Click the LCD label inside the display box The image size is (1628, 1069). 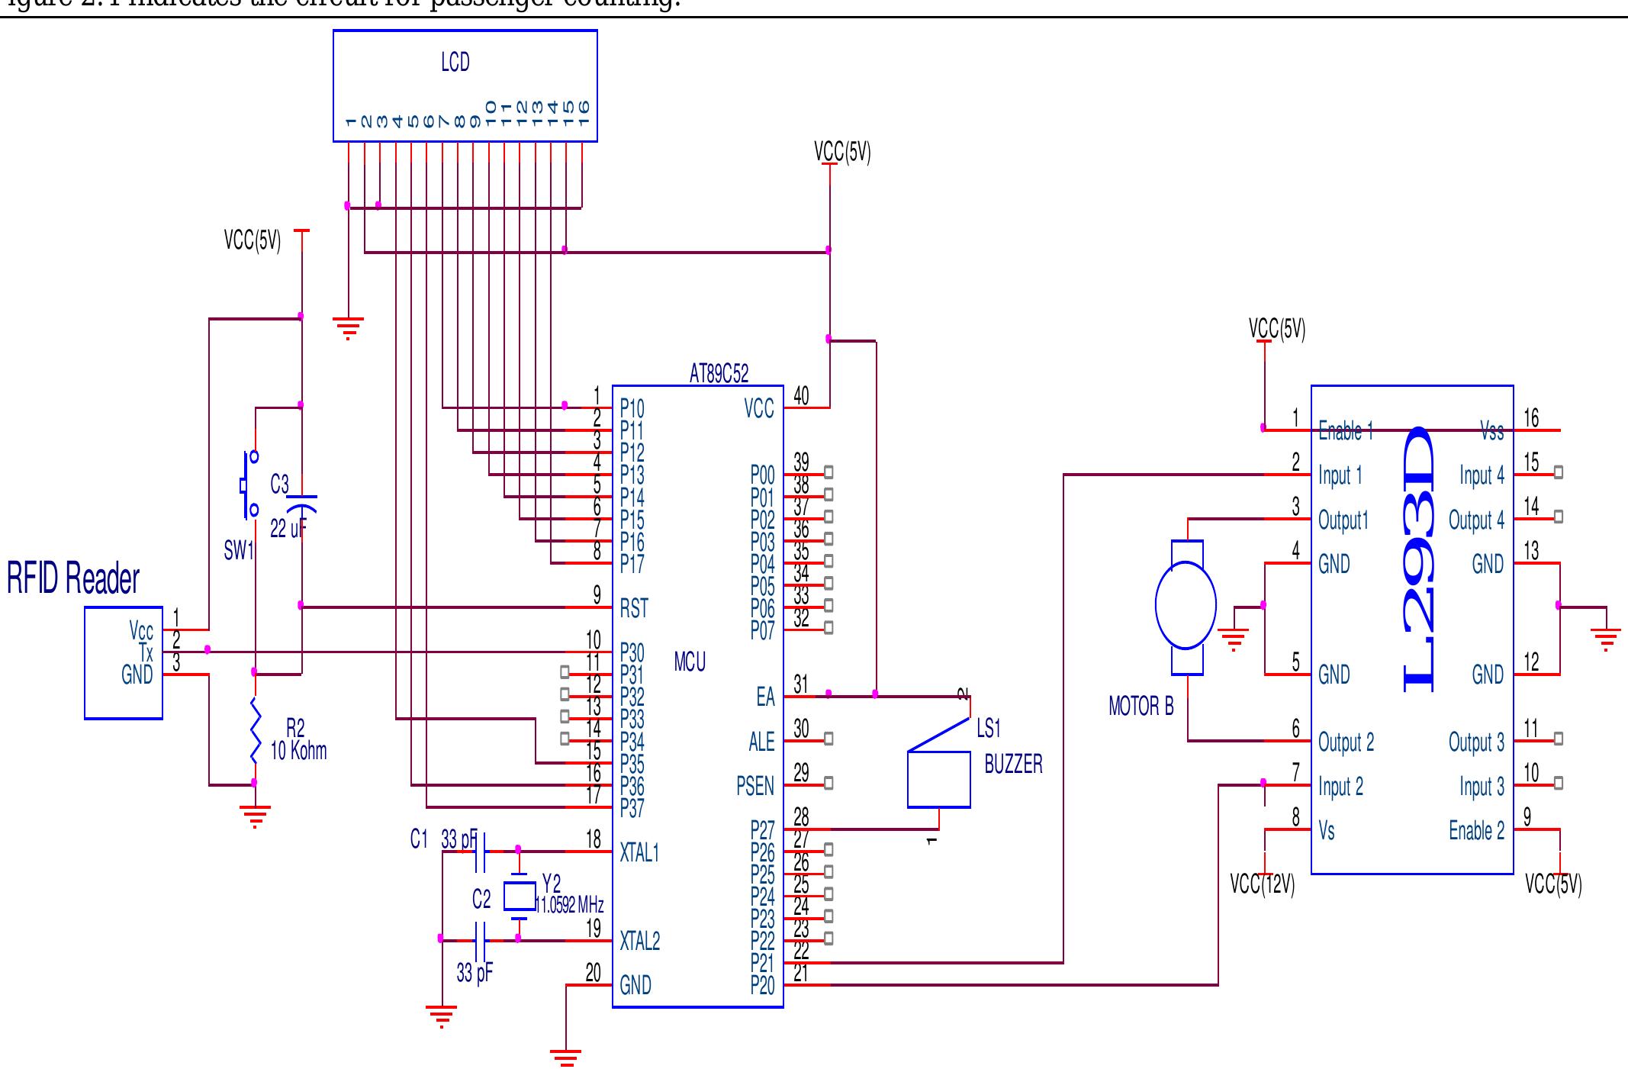pyautogui.click(x=455, y=63)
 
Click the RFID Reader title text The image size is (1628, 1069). pyautogui.click(x=73, y=578)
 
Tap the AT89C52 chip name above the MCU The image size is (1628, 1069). pyautogui.click(x=719, y=374)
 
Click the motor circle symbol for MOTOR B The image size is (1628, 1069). pyautogui.click(x=1186, y=605)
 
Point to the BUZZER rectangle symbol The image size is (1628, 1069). pyautogui.click(x=938, y=779)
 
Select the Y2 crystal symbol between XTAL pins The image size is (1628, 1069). pyautogui.click(x=519, y=896)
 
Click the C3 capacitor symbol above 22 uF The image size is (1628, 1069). pyautogui.click(x=302, y=502)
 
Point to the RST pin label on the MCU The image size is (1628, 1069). pyautogui.click(x=634, y=608)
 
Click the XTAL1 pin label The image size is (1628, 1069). pyautogui.click(x=639, y=853)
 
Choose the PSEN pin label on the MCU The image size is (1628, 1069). pyautogui.click(x=754, y=786)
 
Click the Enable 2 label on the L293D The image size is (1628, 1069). pyautogui.click(x=1476, y=830)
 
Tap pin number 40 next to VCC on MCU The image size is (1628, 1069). pyautogui.click(x=801, y=395)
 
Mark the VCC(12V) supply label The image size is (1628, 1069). pyautogui.click(x=1263, y=884)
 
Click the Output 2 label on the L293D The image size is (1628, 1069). pyautogui.click(x=1346, y=742)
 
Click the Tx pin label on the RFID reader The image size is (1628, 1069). pyautogui.click(x=146, y=652)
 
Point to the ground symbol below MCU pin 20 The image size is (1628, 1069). pyautogui.click(x=566, y=1057)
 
